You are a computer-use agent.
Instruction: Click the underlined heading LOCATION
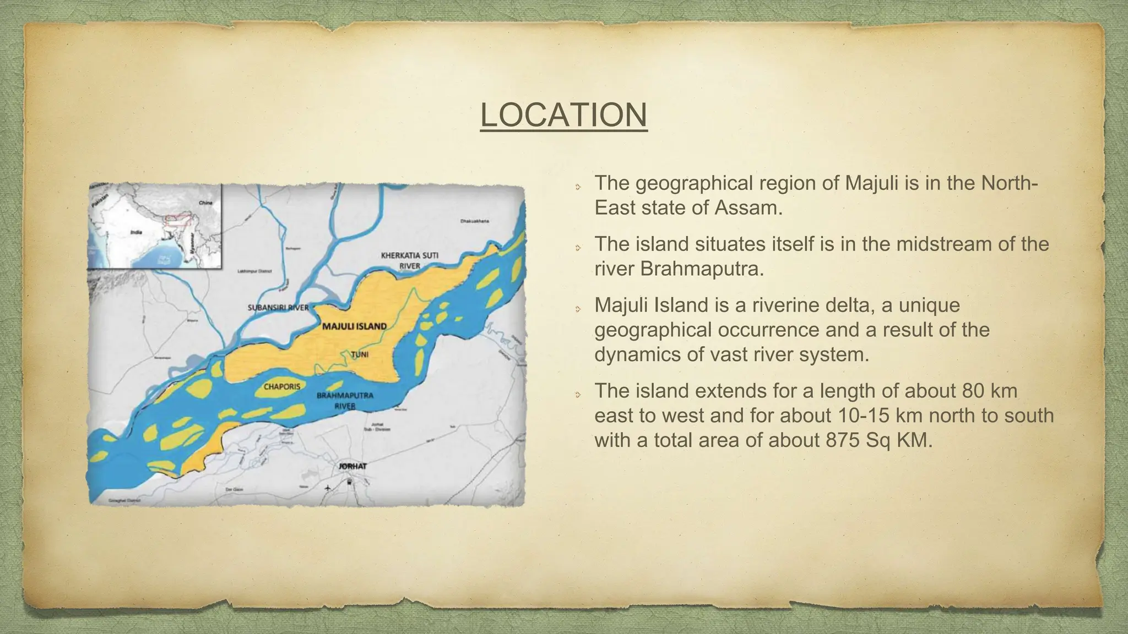point(563,115)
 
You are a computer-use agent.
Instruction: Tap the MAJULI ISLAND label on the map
point(354,326)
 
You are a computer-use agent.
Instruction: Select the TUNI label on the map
point(360,354)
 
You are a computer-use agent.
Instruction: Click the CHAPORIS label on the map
point(282,387)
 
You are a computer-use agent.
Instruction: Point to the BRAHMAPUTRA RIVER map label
point(345,401)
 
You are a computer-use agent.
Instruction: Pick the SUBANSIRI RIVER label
point(278,307)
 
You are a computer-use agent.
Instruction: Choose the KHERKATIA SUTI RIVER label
point(409,260)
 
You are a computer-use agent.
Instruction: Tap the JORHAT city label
point(352,466)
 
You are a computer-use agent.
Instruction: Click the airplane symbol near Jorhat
point(328,488)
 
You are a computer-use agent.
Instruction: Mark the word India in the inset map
point(135,232)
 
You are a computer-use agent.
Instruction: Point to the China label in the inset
point(205,203)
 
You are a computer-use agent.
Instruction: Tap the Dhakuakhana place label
point(474,221)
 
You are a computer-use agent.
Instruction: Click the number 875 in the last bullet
point(845,440)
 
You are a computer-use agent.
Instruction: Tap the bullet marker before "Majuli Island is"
point(578,309)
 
